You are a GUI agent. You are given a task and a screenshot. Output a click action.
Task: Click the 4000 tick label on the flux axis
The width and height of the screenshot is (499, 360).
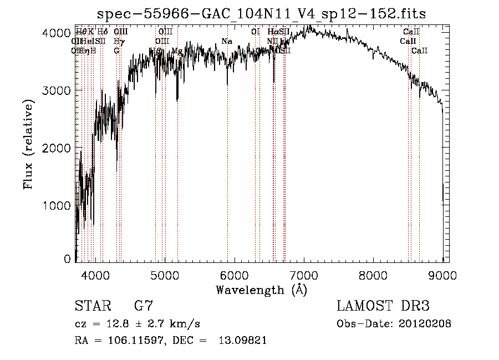click(55, 33)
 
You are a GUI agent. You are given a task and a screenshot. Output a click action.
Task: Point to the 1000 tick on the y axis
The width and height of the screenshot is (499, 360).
click(55, 206)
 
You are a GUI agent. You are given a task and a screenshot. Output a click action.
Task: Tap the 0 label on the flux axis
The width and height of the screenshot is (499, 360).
click(67, 259)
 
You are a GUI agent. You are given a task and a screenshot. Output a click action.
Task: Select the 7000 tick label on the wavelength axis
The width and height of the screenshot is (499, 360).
click(304, 275)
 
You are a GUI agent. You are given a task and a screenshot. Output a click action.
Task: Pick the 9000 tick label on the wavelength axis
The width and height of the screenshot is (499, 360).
click(442, 275)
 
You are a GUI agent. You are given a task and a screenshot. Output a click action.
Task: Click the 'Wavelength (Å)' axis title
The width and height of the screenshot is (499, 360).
click(261, 290)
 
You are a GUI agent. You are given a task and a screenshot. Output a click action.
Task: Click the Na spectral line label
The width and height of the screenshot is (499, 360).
click(226, 41)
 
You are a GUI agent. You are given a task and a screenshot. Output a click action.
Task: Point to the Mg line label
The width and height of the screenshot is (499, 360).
click(177, 51)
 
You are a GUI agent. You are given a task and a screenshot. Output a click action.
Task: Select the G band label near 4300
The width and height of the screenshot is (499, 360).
click(116, 50)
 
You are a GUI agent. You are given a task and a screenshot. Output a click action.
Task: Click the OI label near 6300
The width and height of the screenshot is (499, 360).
click(255, 32)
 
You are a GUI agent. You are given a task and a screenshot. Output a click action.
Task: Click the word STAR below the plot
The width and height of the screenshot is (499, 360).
click(91, 306)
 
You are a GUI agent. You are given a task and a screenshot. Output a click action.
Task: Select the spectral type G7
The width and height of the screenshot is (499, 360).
click(143, 306)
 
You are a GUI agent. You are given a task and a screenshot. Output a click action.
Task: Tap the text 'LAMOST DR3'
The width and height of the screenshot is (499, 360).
click(383, 306)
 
